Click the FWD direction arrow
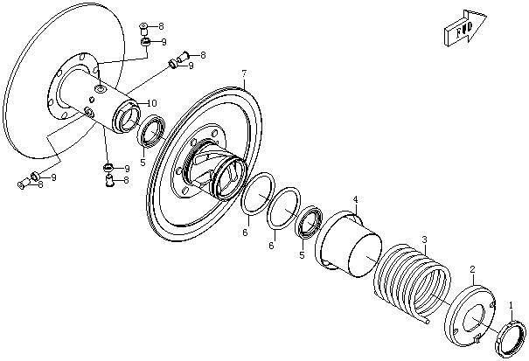coord(465,28)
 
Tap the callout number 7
coord(244,73)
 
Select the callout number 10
coord(152,103)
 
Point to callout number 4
coord(355,200)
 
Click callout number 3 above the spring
coord(424,240)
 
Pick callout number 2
coord(472,269)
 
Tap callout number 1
coord(511,305)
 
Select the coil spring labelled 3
coord(412,282)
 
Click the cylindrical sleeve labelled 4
coord(349,244)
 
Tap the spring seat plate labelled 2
coord(470,316)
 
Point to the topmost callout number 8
coord(161,26)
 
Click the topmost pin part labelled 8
coord(143,30)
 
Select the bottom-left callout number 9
coord(53,177)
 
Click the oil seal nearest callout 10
coord(152,131)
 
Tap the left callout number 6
coord(245,233)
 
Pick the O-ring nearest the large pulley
coord(258,194)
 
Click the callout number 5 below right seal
coord(302,255)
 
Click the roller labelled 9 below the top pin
coord(145,42)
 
